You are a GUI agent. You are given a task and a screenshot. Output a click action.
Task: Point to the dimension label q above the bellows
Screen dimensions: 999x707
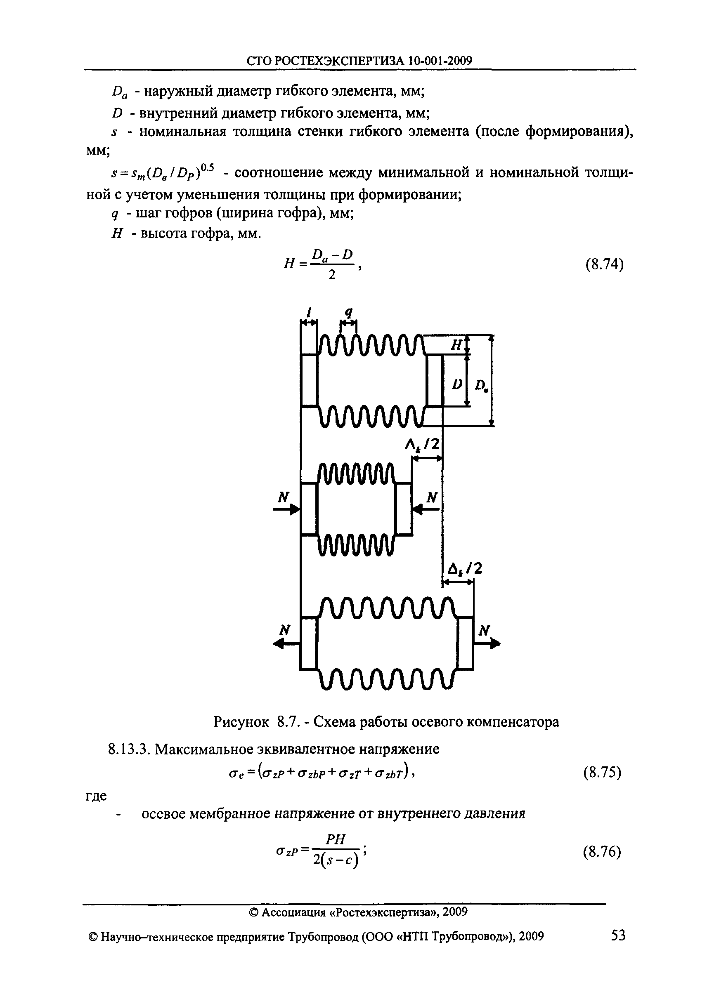[x=348, y=312]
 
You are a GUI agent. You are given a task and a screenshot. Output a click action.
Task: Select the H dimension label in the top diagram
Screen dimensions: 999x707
[x=456, y=345]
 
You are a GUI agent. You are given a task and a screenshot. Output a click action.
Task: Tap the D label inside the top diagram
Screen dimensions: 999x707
[x=456, y=384]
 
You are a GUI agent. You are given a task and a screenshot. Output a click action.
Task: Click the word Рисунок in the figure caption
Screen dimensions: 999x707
[x=241, y=722]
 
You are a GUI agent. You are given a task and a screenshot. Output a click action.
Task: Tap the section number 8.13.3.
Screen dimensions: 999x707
[x=128, y=749]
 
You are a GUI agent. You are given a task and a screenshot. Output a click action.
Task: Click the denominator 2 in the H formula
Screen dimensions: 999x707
[x=332, y=275]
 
